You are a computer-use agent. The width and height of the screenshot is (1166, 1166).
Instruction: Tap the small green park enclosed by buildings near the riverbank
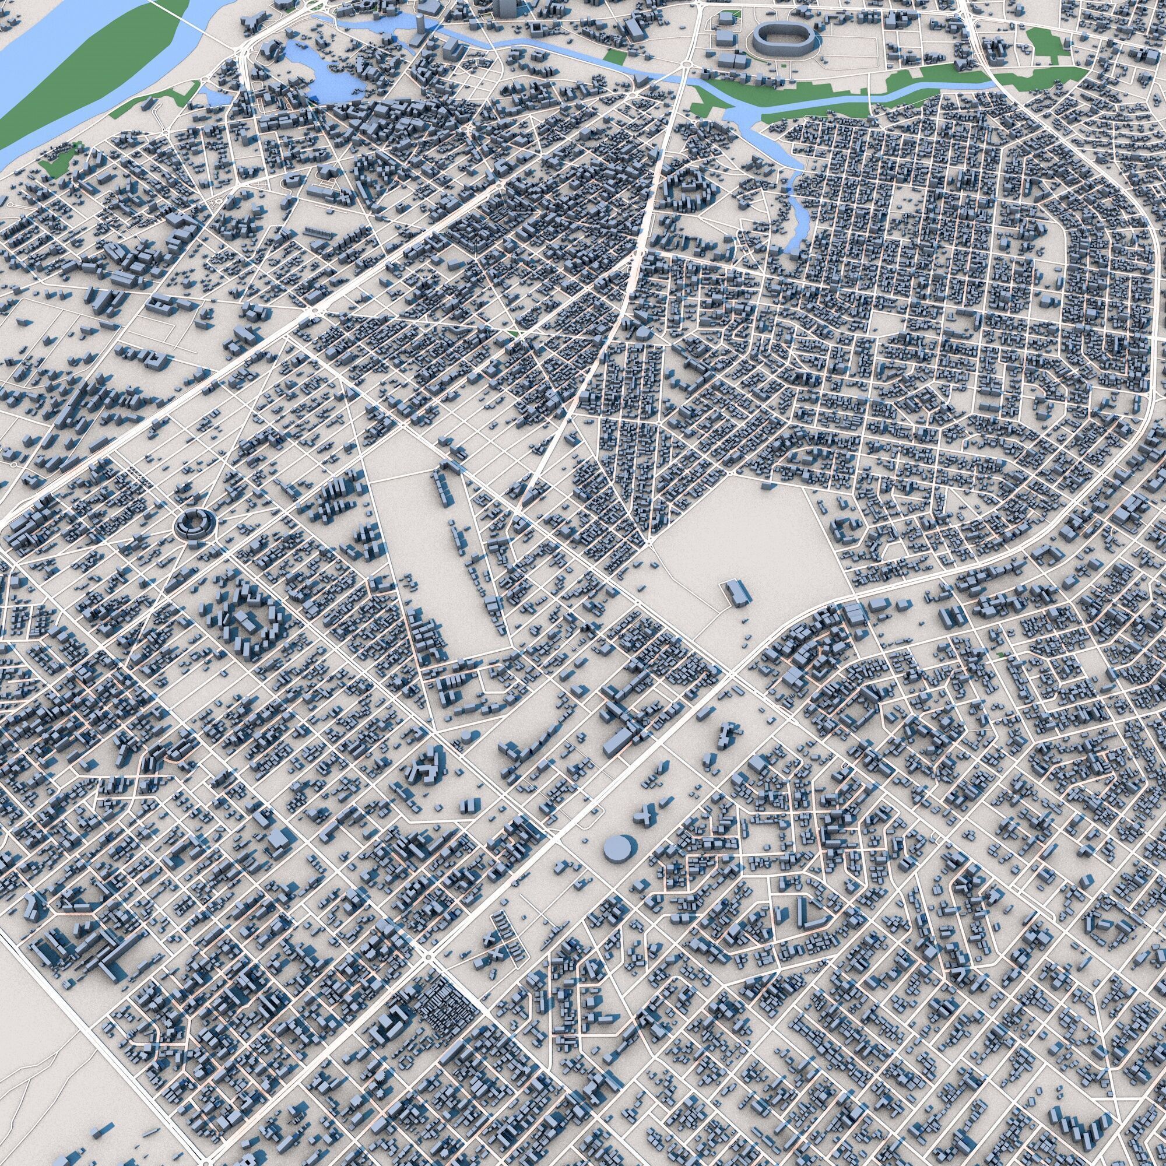point(57,160)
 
